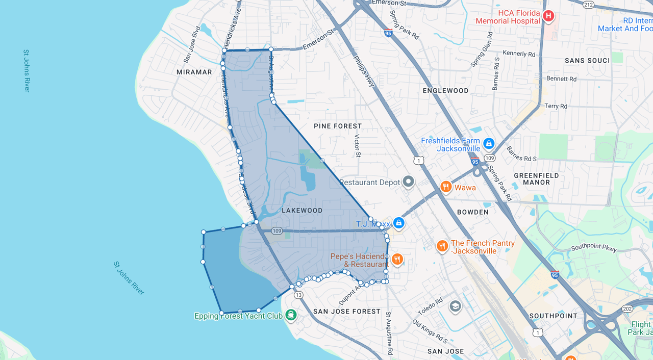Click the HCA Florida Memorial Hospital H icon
click(x=548, y=16)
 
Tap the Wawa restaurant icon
click(x=446, y=187)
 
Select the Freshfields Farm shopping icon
click(x=489, y=143)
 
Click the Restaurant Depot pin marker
click(x=408, y=182)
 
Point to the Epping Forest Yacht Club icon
click(x=291, y=315)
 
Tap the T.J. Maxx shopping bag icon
click(x=398, y=223)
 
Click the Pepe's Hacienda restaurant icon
click(x=396, y=260)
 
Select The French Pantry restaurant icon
click(x=442, y=247)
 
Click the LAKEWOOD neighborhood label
click(x=302, y=210)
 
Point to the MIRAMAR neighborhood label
click(x=194, y=72)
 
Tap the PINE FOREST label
click(x=338, y=126)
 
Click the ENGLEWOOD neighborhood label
click(x=445, y=91)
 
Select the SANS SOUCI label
click(x=587, y=61)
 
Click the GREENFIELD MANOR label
click(x=536, y=178)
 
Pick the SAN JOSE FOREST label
click(x=347, y=311)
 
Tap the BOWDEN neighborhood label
click(x=472, y=212)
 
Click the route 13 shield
click(x=298, y=295)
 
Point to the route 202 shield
click(x=627, y=308)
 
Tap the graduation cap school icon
click(x=455, y=306)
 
